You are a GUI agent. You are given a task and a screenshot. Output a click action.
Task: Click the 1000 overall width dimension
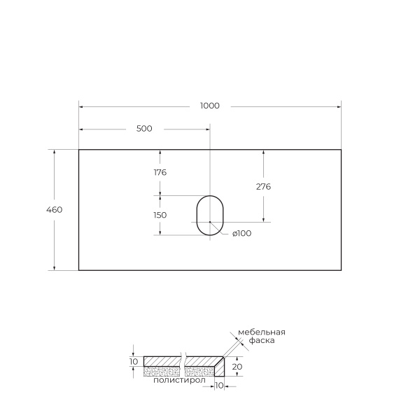click(x=209, y=106)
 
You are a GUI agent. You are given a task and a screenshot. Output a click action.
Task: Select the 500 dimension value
click(x=143, y=129)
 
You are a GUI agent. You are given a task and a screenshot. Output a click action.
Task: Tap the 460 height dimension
click(x=55, y=210)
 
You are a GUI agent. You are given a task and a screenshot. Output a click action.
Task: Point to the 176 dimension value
click(x=160, y=172)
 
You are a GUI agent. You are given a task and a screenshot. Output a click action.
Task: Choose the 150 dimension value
click(x=160, y=215)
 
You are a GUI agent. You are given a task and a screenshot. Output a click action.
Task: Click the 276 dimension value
click(x=263, y=187)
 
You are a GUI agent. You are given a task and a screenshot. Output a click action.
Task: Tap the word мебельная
click(x=261, y=332)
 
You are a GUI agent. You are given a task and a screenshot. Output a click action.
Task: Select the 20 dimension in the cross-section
click(x=237, y=366)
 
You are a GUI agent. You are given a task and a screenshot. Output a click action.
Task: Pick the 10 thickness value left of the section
click(x=134, y=361)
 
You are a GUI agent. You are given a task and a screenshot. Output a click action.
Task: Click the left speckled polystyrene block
click(x=161, y=371)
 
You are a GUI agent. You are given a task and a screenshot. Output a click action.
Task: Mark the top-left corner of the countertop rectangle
click(x=78, y=150)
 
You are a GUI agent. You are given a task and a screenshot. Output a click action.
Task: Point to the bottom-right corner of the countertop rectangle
click(x=341, y=269)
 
